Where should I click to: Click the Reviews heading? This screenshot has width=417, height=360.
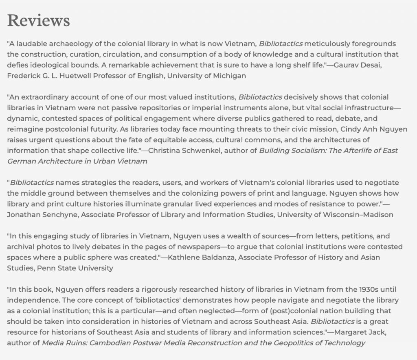(38, 21)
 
